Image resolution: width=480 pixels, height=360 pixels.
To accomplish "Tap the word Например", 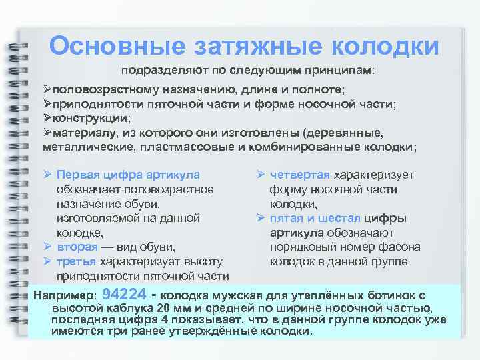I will pyautogui.click(x=65, y=295).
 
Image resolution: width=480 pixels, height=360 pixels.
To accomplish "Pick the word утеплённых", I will pyautogui.click(x=328, y=295).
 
